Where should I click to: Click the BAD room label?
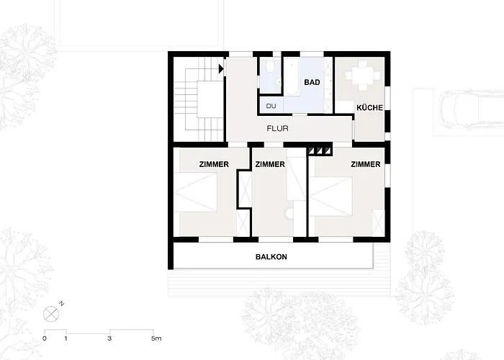[x=312, y=83]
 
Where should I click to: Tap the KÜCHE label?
[x=369, y=108]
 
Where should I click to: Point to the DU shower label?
[x=271, y=107]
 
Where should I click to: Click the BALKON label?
[x=271, y=257]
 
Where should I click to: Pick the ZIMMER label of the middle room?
[x=270, y=164]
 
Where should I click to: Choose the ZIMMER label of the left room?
[x=214, y=164]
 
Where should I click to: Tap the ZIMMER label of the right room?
[x=365, y=164]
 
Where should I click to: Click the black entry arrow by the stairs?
[x=221, y=69]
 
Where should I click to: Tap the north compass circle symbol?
[x=51, y=312]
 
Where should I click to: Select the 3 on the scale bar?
[x=109, y=338]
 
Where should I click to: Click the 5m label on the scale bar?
[x=156, y=338]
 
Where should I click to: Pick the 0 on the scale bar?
[x=45, y=338]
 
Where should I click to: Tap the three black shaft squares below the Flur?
[x=320, y=150]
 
